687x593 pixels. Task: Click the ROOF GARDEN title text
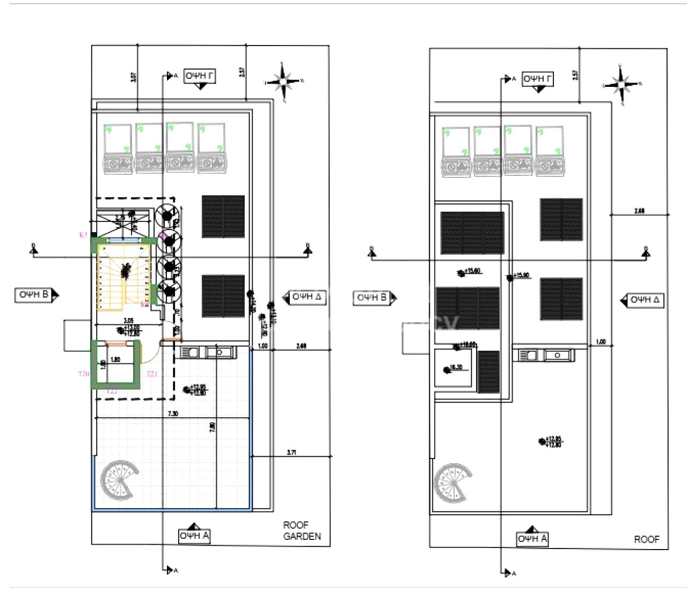pos(302,531)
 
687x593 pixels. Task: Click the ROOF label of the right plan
pos(646,539)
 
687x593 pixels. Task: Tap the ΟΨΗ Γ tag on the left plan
pos(200,76)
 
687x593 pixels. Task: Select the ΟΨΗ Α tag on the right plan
pos(532,539)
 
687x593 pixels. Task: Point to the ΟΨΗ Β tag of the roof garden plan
pos(34,294)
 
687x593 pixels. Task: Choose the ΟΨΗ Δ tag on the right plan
pos(645,300)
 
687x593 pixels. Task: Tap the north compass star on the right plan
pos(621,85)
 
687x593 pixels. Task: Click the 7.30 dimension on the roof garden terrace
pos(173,413)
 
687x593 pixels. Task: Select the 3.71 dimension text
pos(291,453)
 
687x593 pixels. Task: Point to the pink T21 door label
pos(152,374)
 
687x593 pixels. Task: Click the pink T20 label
pos(83,374)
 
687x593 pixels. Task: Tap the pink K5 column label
pos(83,234)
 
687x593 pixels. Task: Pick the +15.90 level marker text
pos(521,276)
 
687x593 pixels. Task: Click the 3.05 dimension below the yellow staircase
pos(128,321)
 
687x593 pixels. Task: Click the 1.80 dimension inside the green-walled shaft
pos(115,359)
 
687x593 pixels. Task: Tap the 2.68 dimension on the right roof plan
pos(639,211)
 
